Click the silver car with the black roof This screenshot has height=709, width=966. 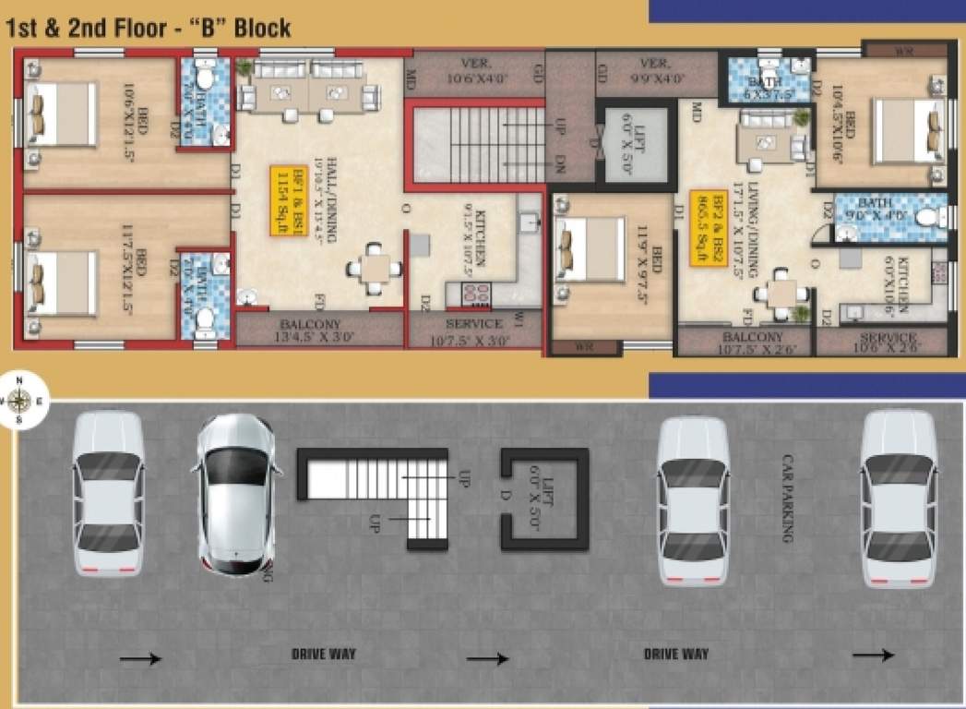[x=235, y=495]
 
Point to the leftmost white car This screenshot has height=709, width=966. [x=108, y=492]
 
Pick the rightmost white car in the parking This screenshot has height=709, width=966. [x=898, y=499]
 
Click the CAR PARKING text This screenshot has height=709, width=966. [x=788, y=498]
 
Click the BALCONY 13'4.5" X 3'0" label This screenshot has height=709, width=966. [x=318, y=330]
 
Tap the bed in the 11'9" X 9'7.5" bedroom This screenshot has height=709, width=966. [x=590, y=248]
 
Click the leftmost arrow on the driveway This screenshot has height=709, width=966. [x=140, y=658]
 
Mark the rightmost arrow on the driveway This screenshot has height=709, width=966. [x=872, y=655]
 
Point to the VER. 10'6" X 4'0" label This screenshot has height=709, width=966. [x=474, y=70]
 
